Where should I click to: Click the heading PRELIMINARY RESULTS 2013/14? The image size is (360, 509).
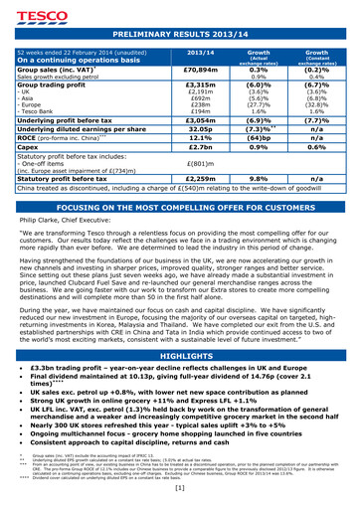180,34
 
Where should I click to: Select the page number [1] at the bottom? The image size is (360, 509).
180,488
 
